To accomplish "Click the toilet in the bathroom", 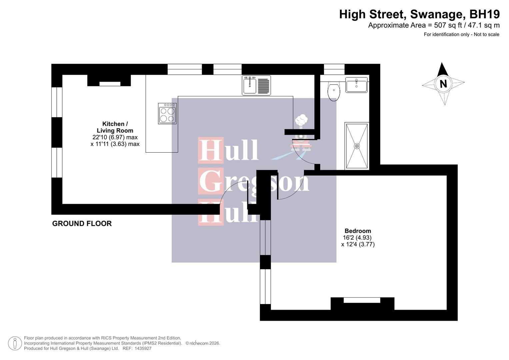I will click(334, 91).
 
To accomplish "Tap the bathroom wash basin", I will click(356, 85).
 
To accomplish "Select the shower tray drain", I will click(357, 146).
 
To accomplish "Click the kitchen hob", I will click(167, 114).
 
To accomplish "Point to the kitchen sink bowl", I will click(250, 85).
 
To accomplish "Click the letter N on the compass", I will click(443, 84).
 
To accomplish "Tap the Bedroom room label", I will click(358, 231).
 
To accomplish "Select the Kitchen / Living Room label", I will click(115, 127).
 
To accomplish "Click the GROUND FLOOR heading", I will click(82, 224).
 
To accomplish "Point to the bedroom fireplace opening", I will click(362, 300).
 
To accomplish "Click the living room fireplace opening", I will click(110, 84).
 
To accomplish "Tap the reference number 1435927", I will click(142, 348).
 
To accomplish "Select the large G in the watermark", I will click(211, 181).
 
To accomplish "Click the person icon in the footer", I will click(15, 343).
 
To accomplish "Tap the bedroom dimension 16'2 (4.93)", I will click(357, 238).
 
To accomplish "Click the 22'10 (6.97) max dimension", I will click(115, 137).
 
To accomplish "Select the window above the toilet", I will click(334, 69).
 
